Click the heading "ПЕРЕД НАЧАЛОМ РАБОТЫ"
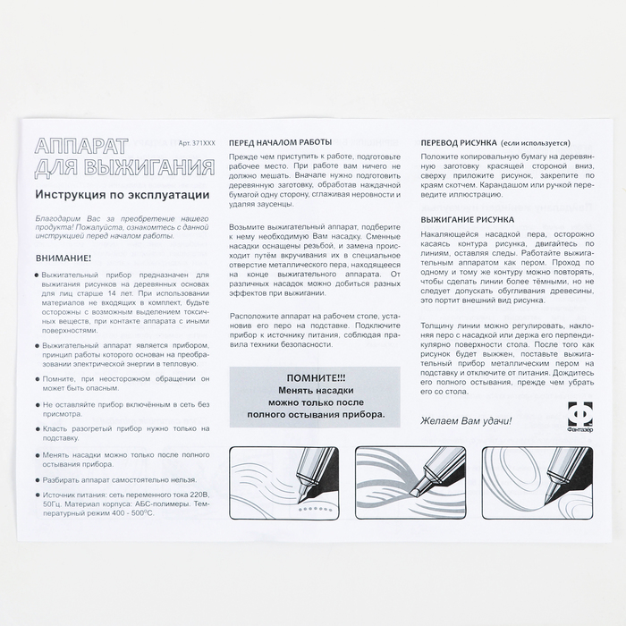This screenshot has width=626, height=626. click(280, 142)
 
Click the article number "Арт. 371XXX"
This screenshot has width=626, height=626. click(196, 142)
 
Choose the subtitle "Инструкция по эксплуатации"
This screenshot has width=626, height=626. click(123, 193)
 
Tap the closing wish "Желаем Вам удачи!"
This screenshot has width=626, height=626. click(467, 419)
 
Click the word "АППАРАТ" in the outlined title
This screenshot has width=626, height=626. click(81, 145)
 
